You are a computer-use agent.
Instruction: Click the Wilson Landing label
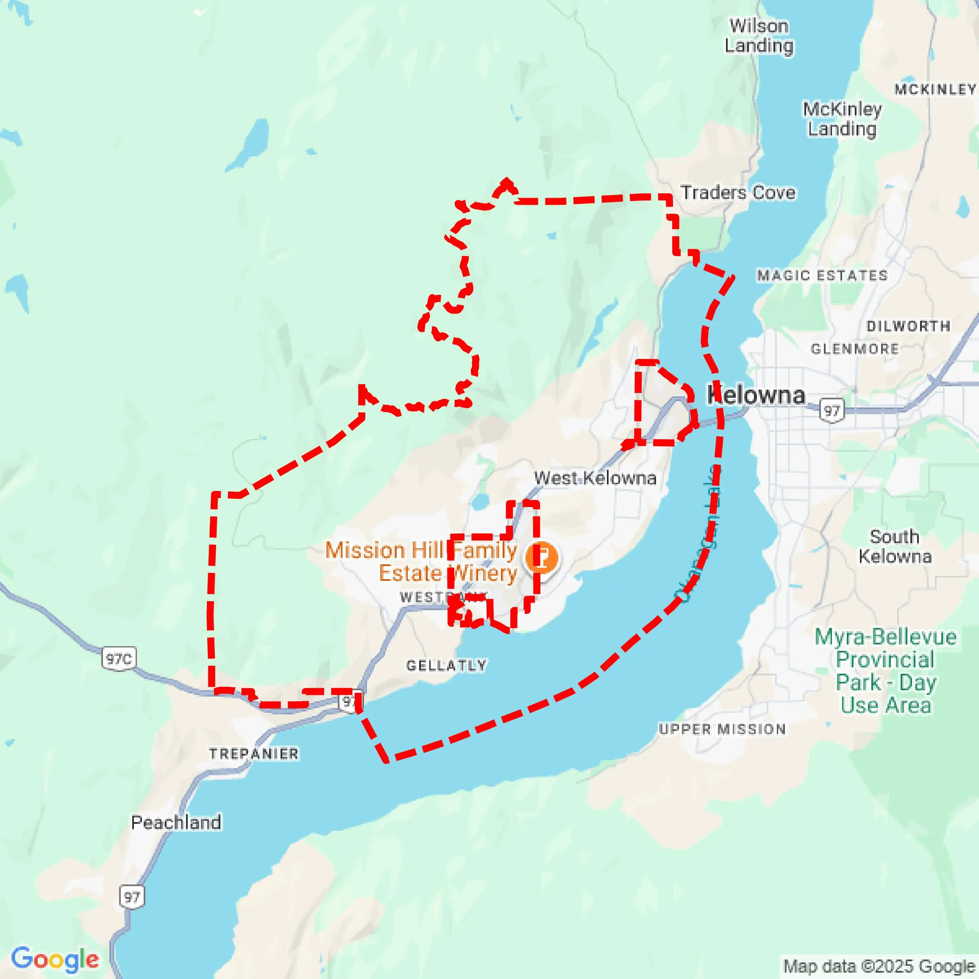pos(759,36)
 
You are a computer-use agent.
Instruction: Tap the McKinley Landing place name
pos(842,119)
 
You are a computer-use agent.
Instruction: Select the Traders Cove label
pos(737,192)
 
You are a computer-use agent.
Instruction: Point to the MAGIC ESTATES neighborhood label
pos(822,275)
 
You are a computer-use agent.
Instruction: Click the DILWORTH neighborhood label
pos(908,326)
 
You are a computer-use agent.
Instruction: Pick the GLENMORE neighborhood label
pos(855,349)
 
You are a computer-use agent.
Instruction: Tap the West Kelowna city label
pos(595,477)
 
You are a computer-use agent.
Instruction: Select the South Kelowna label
pos(895,546)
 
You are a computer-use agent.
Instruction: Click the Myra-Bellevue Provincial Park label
pos(885,670)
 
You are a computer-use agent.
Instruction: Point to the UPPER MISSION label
pos(722,729)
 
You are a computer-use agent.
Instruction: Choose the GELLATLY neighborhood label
pos(446,665)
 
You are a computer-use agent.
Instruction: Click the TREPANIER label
pos(254,753)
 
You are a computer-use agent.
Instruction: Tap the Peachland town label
pos(176,822)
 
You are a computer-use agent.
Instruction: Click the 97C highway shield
pos(119,658)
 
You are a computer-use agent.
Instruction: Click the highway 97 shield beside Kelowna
pos(832,410)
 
